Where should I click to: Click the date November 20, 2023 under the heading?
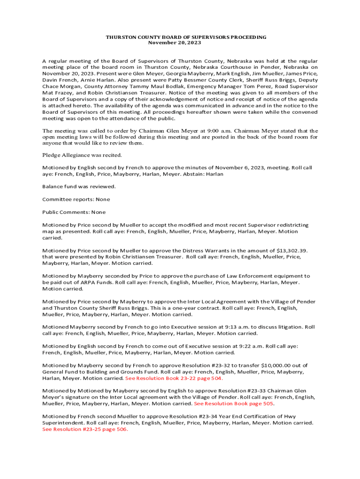[174, 43]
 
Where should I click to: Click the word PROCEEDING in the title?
[246, 37]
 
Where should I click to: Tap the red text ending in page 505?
[234, 403]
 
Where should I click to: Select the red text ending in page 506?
[85, 429]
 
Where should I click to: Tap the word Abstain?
[191, 174]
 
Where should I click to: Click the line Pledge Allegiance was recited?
[82, 155]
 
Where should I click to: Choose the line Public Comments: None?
[74, 212]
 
